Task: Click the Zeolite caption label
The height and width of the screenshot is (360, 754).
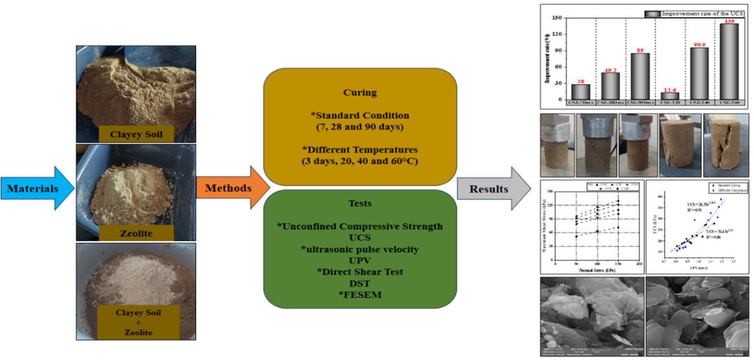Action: click(x=135, y=233)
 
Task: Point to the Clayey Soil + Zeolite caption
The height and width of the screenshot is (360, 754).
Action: click(x=135, y=323)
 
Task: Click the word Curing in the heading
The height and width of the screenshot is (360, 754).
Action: click(x=359, y=92)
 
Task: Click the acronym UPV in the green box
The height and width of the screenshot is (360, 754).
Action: click(x=359, y=260)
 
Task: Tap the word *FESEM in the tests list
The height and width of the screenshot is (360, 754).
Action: click(x=359, y=295)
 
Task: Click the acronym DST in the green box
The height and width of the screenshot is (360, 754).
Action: click(x=359, y=284)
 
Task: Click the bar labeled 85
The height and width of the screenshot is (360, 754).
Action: click(x=641, y=77)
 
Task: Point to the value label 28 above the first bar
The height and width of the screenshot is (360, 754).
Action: click(x=579, y=80)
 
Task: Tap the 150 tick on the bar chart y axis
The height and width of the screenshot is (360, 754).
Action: click(x=558, y=18)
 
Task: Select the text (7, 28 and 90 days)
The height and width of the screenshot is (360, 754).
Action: click(x=359, y=127)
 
